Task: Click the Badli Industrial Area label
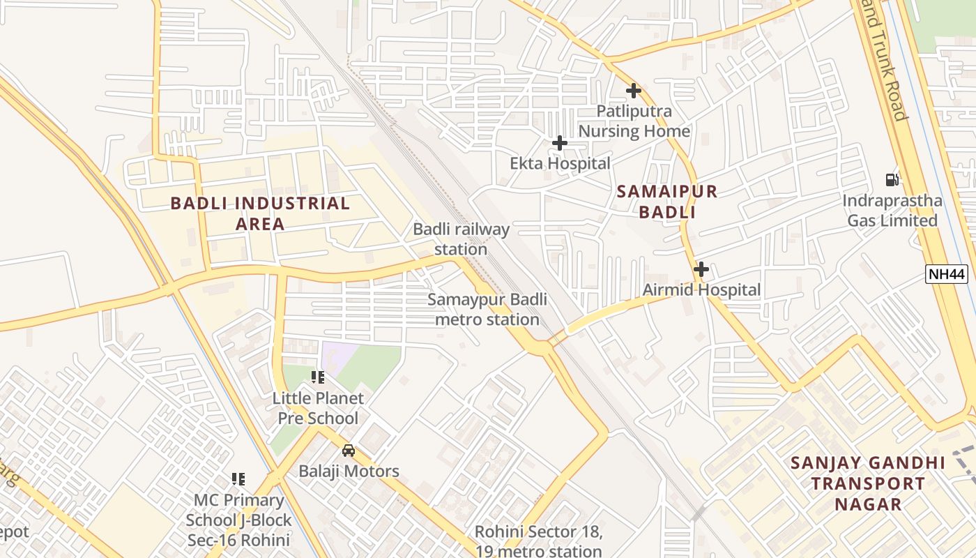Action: pyautogui.click(x=260, y=213)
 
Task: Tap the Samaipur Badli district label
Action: pyautogui.click(x=666, y=202)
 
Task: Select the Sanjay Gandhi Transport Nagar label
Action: pyautogui.click(x=868, y=483)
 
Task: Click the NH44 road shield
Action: pyautogui.click(x=947, y=274)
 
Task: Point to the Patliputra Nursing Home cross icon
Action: pyautogui.click(x=633, y=91)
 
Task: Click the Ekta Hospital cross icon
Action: pyautogui.click(x=559, y=143)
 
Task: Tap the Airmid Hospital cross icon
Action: pyautogui.click(x=701, y=269)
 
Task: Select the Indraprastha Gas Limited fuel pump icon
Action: pyautogui.click(x=892, y=179)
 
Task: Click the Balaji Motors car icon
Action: pyautogui.click(x=349, y=451)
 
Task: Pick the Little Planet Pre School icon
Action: pyautogui.click(x=318, y=377)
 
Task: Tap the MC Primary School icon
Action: pyautogui.click(x=238, y=479)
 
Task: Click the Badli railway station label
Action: pyautogui.click(x=461, y=239)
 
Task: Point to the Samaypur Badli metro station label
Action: pyautogui.click(x=487, y=310)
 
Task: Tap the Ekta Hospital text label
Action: pyautogui.click(x=560, y=163)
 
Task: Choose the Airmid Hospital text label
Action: pyautogui.click(x=701, y=289)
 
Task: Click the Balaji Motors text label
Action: pyautogui.click(x=349, y=471)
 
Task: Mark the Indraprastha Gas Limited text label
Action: pyautogui.click(x=892, y=211)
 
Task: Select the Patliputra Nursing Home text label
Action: pyautogui.click(x=634, y=121)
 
